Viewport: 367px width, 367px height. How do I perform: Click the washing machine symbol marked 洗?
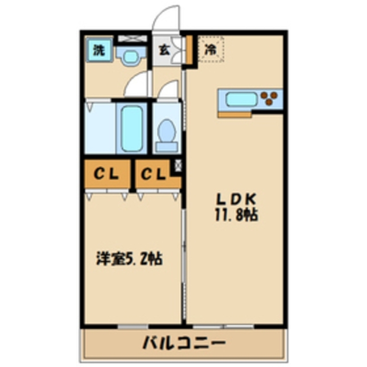[98, 50]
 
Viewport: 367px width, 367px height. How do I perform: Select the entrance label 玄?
[164, 50]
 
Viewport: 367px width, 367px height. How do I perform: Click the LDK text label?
[235, 200]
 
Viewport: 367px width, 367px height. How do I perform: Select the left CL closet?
[107, 174]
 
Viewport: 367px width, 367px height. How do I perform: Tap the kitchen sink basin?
[239, 99]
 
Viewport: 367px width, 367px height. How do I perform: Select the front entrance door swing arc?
[167, 18]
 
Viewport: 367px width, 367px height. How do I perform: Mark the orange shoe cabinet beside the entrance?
[189, 49]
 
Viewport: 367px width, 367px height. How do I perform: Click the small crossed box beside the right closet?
[178, 166]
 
